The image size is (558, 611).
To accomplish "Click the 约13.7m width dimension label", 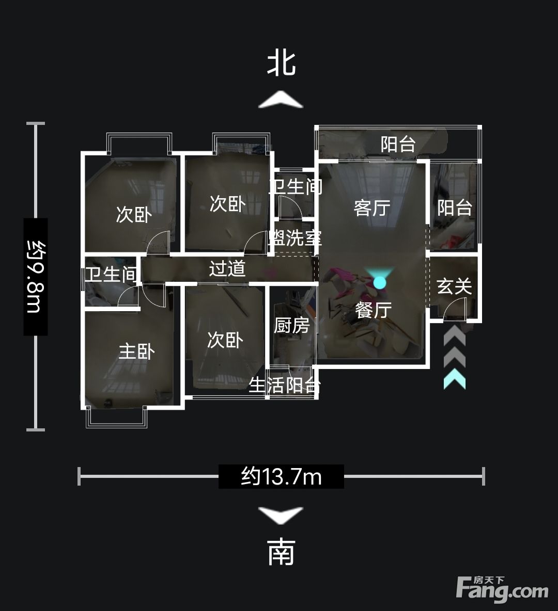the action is (281, 476).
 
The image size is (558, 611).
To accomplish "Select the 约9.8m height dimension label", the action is (36, 276).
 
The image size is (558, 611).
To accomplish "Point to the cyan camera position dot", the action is (379, 282).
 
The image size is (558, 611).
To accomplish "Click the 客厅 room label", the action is (372, 207).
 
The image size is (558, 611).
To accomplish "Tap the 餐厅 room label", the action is (374, 310).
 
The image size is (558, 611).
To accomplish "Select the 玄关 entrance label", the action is (454, 286).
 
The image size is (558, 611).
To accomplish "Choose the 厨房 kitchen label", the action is (291, 326).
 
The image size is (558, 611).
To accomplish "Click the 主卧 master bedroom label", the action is (136, 351).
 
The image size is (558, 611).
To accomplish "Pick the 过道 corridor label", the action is (227, 268).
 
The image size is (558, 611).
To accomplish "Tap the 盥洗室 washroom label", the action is (296, 238).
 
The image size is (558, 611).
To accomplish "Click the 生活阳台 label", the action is (285, 385).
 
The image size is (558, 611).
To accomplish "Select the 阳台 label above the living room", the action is (398, 144).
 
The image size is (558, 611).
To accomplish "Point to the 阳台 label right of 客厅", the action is (455, 207).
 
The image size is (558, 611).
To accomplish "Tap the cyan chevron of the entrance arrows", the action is (455, 380).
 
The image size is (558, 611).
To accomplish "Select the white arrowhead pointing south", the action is (281, 515).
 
